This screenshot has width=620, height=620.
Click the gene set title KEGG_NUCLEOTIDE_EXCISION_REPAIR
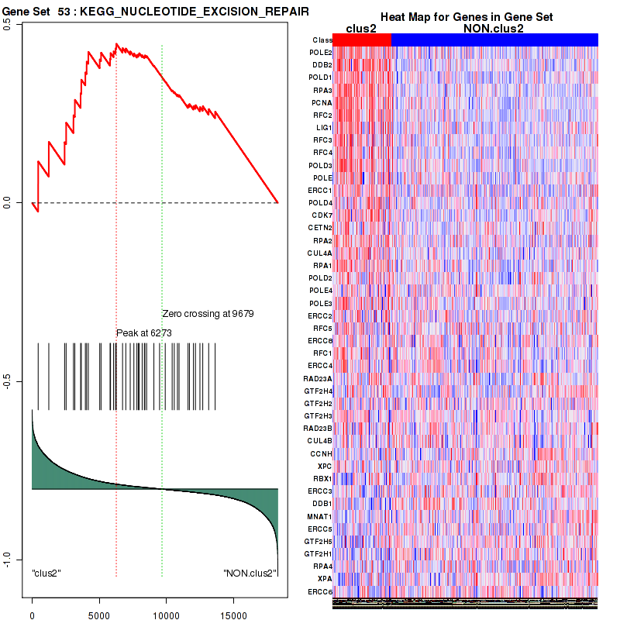[x=195, y=12]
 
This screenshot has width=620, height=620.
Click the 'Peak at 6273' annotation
[x=143, y=333]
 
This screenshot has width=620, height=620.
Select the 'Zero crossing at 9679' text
[x=208, y=314]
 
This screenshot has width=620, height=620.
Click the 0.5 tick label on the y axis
[x=7, y=23]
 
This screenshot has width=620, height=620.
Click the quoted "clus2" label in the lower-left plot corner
[x=46, y=573]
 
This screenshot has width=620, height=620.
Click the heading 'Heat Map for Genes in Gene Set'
[x=465, y=17]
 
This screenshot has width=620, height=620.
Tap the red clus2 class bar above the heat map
[x=362, y=40]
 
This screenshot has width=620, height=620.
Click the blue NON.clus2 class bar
[x=494, y=40]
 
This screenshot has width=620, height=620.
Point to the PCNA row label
[x=322, y=102]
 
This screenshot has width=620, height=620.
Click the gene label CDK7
[x=322, y=215]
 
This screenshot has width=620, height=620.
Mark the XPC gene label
[x=325, y=466]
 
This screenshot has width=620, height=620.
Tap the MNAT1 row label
[x=321, y=516]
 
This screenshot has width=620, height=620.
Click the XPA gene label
[x=325, y=579]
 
